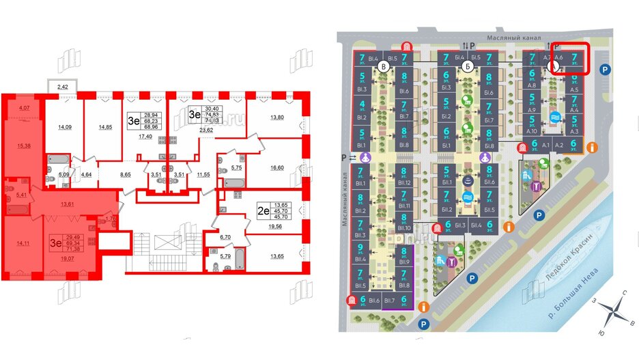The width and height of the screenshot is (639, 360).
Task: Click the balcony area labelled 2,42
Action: (x=63, y=87)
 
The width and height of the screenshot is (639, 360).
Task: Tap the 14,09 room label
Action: (x=65, y=126)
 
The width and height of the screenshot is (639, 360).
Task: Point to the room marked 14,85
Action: (x=105, y=126)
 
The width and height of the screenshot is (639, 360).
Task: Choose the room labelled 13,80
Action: (x=276, y=118)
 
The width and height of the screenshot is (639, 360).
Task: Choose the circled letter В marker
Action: (x=384, y=67)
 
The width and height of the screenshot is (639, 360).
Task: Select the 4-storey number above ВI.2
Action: (x=360, y=105)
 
